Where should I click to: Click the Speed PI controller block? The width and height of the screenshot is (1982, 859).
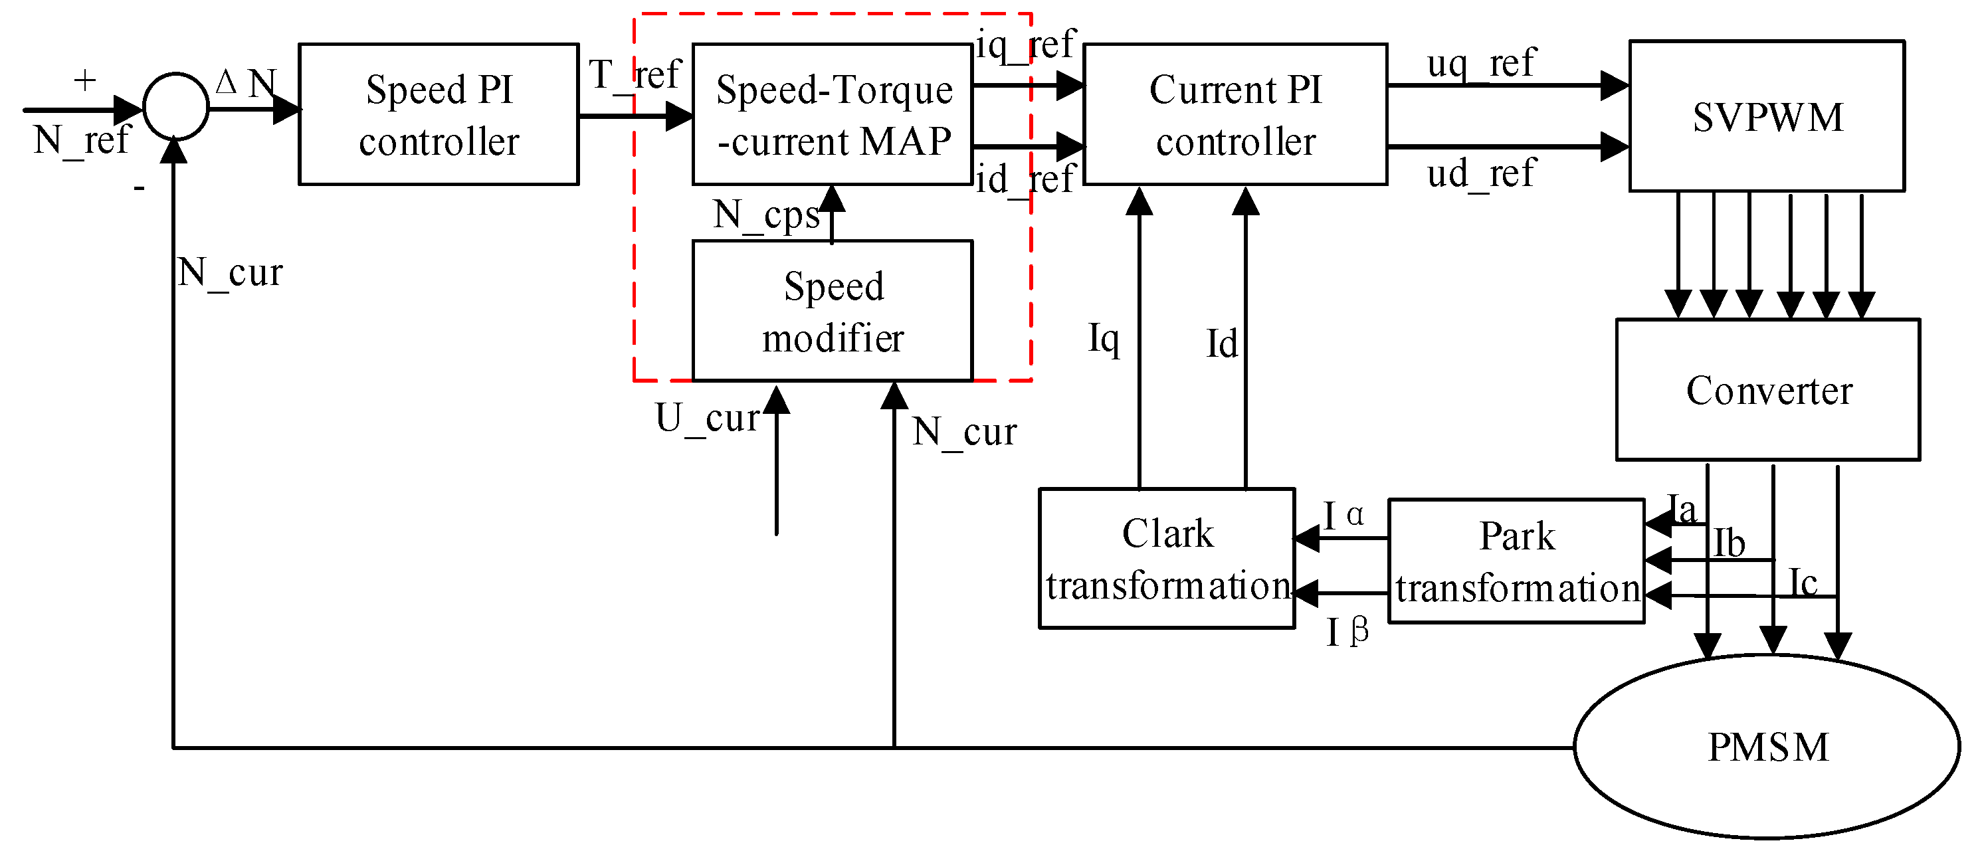click(x=439, y=114)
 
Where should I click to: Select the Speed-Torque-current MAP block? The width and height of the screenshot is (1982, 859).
click(x=833, y=114)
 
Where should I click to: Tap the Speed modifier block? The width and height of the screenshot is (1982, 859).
click(x=833, y=311)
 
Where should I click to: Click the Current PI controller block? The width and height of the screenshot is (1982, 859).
click(x=1235, y=114)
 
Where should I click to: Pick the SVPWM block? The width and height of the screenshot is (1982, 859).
click(x=1767, y=116)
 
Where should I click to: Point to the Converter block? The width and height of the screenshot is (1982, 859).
click(x=1767, y=390)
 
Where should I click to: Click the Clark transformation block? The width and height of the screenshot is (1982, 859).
click(x=1167, y=558)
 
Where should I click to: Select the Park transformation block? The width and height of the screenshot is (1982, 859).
click(x=1516, y=561)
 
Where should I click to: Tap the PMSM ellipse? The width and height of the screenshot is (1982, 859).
click(x=1767, y=746)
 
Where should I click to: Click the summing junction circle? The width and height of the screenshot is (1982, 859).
click(x=175, y=107)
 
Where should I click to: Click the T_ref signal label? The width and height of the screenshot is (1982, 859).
click(x=635, y=75)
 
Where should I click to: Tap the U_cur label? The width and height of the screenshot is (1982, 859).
click(x=707, y=419)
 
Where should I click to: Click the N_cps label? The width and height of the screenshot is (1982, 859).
click(x=766, y=215)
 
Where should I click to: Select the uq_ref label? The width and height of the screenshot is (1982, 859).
click(x=1480, y=64)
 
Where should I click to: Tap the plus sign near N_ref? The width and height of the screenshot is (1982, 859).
click(x=84, y=80)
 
